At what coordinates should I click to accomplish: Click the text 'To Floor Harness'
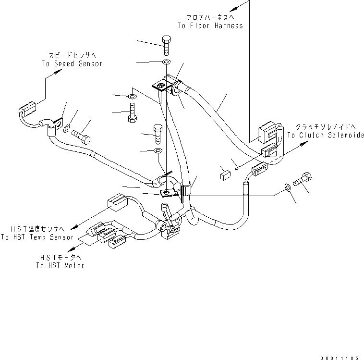[x=210, y=25]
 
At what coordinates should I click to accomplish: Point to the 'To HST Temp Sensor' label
[x=37, y=237]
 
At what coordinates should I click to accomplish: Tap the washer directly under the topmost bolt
[x=166, y=62]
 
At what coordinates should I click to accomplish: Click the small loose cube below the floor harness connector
[x=225, y=174]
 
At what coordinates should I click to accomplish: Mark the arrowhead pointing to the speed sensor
[x=60, y=72]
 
